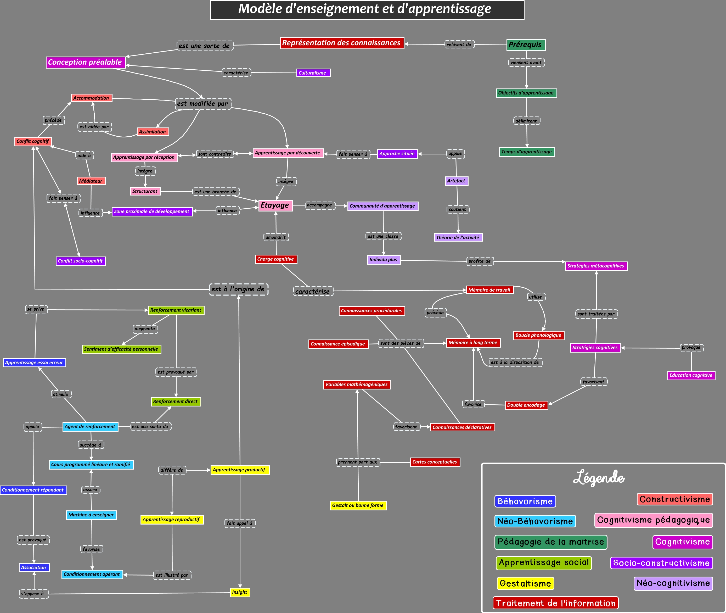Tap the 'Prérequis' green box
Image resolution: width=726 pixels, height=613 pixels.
pyautogui.click(x=526, y=45)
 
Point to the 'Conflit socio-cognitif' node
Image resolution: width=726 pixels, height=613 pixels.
pyautogui.click(x=81, y=261)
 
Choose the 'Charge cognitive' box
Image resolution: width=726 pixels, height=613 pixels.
pyautogui.click(x=276, y=259)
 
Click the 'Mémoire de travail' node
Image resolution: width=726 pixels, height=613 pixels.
pyautogui.click(x=489, y=290)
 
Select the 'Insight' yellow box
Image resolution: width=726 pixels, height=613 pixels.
pyautogui.click(x=240, y=592)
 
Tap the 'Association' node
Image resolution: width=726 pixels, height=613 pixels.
pyautogui.click(x=34, y=567)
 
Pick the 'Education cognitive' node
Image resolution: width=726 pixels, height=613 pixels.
pyautogui.click(x=691, y=375)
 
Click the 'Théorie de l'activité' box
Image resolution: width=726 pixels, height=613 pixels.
pyautogui.click(x=458, y=238)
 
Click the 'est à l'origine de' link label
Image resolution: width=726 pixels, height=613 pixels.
pyautogui.click(x=239, y=289)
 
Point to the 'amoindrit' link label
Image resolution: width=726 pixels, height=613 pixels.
pyautogui.click(x=276, y=237)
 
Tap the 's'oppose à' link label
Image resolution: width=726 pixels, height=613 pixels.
pyautogui.click(x=33, y=594)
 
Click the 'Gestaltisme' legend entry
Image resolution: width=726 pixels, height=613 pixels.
pyautogui.click(x=525, y=583)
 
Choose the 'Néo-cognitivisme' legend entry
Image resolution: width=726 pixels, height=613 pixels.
pyautogui.click(x=673, y=583)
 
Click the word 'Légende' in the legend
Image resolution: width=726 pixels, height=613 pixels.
pyautogui.click(x=599, y=478)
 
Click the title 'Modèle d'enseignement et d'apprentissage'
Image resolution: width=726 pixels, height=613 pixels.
pyautogui.click(x=367, y=9)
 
